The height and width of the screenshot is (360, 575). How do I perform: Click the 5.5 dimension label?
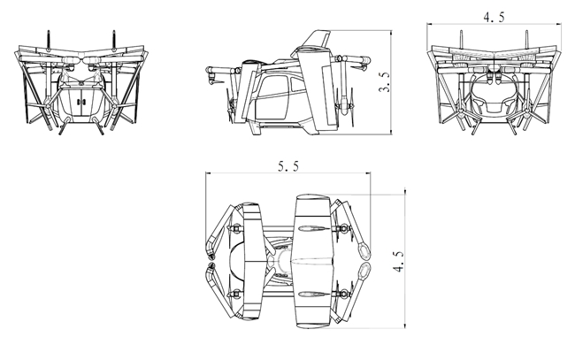pos(288,167)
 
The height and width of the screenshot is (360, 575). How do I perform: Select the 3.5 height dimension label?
pos(384,82)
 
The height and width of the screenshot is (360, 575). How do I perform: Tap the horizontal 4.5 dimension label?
pos(494,17)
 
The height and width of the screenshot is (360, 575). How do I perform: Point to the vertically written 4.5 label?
pos(399,261)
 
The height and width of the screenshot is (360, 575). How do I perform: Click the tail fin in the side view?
pos(318,39)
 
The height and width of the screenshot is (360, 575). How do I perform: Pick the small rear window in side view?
pos(297,86)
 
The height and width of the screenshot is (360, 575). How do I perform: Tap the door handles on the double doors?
pos(80,102)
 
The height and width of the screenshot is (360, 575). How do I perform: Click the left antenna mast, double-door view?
pos(48,41)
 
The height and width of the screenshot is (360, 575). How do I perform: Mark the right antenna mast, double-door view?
pos(114,40)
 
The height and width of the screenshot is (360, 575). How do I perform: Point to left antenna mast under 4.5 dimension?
pos(461,40)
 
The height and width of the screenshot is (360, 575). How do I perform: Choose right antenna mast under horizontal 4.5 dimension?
pos(527,40)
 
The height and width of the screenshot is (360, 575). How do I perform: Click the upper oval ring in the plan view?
pos(364,250)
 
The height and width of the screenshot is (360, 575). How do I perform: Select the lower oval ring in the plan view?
pos(364,271)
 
